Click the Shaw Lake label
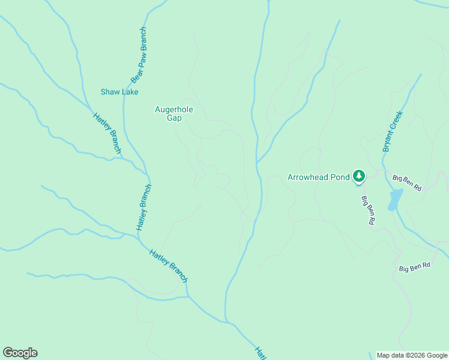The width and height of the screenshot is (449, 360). pyautogui.click(x=119, y=92)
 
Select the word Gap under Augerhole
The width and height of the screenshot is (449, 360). pyautogui.click(x=174, y=118)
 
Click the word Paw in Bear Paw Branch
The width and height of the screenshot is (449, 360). pyautogui.click(x=140, y=58)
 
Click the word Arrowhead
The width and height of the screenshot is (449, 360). pyautogui.click(x=310, y=178)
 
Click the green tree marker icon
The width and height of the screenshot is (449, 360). pyautogui.click(x=359, y=175)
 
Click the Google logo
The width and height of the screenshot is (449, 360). pyautogui.click(x=20, y=353)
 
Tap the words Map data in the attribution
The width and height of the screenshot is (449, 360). pyautogui.click(x=391, y=355)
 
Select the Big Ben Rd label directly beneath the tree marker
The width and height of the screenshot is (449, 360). pyautogui.click(x=368, y=211)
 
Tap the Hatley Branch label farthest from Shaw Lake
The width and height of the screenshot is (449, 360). pyautogui.click(x=169, y=266)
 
